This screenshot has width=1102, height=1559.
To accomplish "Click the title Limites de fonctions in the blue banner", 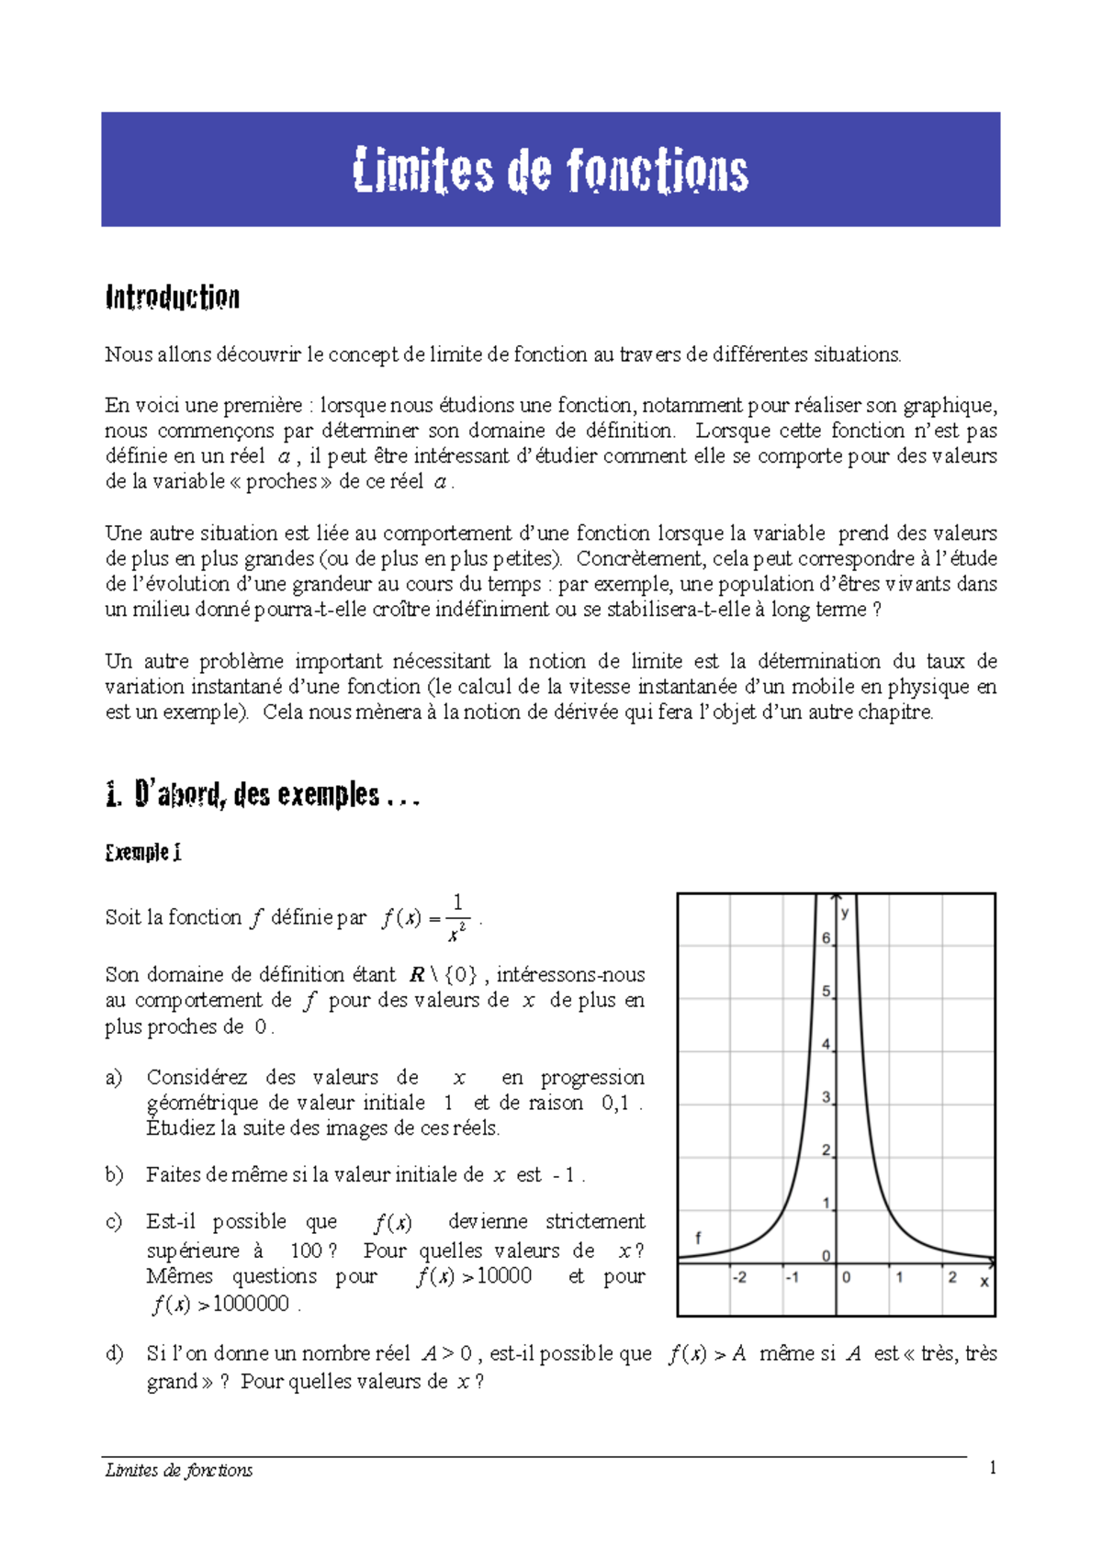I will pos(550,171).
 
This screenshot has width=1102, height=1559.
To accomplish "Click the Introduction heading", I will pos(173,297).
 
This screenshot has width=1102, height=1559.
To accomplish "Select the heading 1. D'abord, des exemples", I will pos(263,794).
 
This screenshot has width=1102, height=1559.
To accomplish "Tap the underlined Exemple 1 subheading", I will pos(143,852).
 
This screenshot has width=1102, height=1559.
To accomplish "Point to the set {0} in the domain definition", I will pos(460,975).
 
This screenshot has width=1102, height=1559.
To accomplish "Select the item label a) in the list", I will pos(114,1078).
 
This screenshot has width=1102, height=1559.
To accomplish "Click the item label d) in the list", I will pos(114,1353).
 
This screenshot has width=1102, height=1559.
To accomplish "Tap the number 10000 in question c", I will pos(504,1276).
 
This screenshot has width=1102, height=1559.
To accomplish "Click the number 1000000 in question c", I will pos(251,1304).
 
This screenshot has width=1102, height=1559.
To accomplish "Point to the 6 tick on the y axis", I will pos(826,937).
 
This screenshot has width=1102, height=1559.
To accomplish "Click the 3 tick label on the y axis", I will pos(826,1097).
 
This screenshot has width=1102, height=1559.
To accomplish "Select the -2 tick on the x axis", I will pos(739,1277).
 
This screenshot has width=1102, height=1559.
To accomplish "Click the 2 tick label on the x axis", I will pos(952,1277).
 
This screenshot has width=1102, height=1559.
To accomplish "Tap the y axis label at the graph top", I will pos(845,913).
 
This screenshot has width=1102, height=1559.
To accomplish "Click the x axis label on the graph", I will pos(984,1282).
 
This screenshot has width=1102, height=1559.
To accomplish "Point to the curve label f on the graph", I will pos(698,1238).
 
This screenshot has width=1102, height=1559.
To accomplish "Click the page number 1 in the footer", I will pos(993,1468).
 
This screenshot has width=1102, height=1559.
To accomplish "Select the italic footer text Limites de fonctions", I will pos(179,1470).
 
